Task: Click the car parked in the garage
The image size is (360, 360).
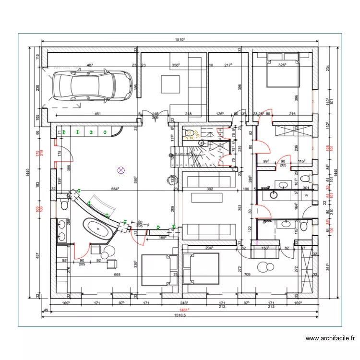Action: (x=93, y=85)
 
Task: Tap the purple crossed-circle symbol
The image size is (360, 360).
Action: (x=121, y=169)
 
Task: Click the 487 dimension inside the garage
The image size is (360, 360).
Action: (x=90, y=65)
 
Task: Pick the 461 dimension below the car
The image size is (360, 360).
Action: (x=97, y=114)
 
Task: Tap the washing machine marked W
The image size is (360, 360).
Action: (x=306, y=195)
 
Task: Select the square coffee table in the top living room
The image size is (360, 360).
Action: (x=170, y=84)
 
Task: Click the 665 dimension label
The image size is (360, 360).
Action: (x=117, y=275)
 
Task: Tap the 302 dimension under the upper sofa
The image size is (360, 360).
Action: (x=209, y=189)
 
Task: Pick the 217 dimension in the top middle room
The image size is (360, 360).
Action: (x=228, y=65)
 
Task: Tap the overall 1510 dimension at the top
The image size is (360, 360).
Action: (x=180, y=41)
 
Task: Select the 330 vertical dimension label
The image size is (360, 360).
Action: (x=136, y=264)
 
